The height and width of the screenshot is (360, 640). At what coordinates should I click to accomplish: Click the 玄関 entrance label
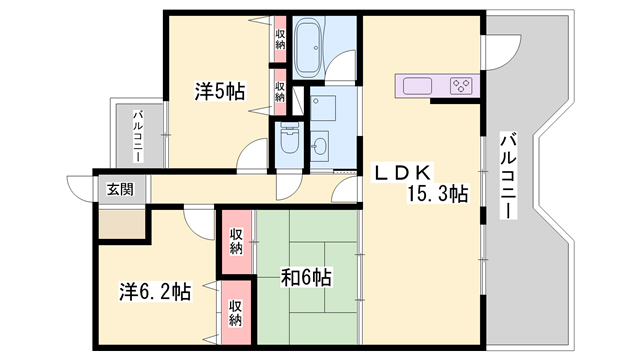click(120, 189)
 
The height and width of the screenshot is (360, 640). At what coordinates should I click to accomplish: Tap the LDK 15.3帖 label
click(420, 184)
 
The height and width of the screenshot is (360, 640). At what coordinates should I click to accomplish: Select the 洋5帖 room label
click(220, 91)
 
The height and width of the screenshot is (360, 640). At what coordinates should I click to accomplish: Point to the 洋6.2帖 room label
click(155, 291)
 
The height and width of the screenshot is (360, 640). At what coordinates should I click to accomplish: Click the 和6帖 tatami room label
click(306, 278)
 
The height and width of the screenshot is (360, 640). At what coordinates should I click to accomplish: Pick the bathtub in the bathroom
click(309, 48)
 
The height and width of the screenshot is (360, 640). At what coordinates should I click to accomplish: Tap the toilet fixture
click(289, 137)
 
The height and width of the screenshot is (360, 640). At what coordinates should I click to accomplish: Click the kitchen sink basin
click(417, 86)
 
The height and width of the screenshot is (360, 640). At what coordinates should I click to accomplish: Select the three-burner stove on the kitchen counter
click(462, 86)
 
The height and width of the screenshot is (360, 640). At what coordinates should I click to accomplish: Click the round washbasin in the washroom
click(319, 146)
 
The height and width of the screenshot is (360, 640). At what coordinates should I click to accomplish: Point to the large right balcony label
click(508, 176)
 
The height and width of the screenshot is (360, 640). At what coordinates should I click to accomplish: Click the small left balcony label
click(138, 136)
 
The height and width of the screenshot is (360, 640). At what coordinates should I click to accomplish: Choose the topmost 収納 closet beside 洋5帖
click(280, 40)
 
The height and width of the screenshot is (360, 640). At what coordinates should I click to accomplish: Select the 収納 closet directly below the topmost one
click(280, 92)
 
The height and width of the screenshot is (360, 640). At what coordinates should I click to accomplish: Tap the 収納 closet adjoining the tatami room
click(236, 242)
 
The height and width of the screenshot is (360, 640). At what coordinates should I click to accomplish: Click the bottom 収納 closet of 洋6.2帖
click(236, 313)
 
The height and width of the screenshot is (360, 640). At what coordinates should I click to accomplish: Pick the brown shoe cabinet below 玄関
click(122, 224)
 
